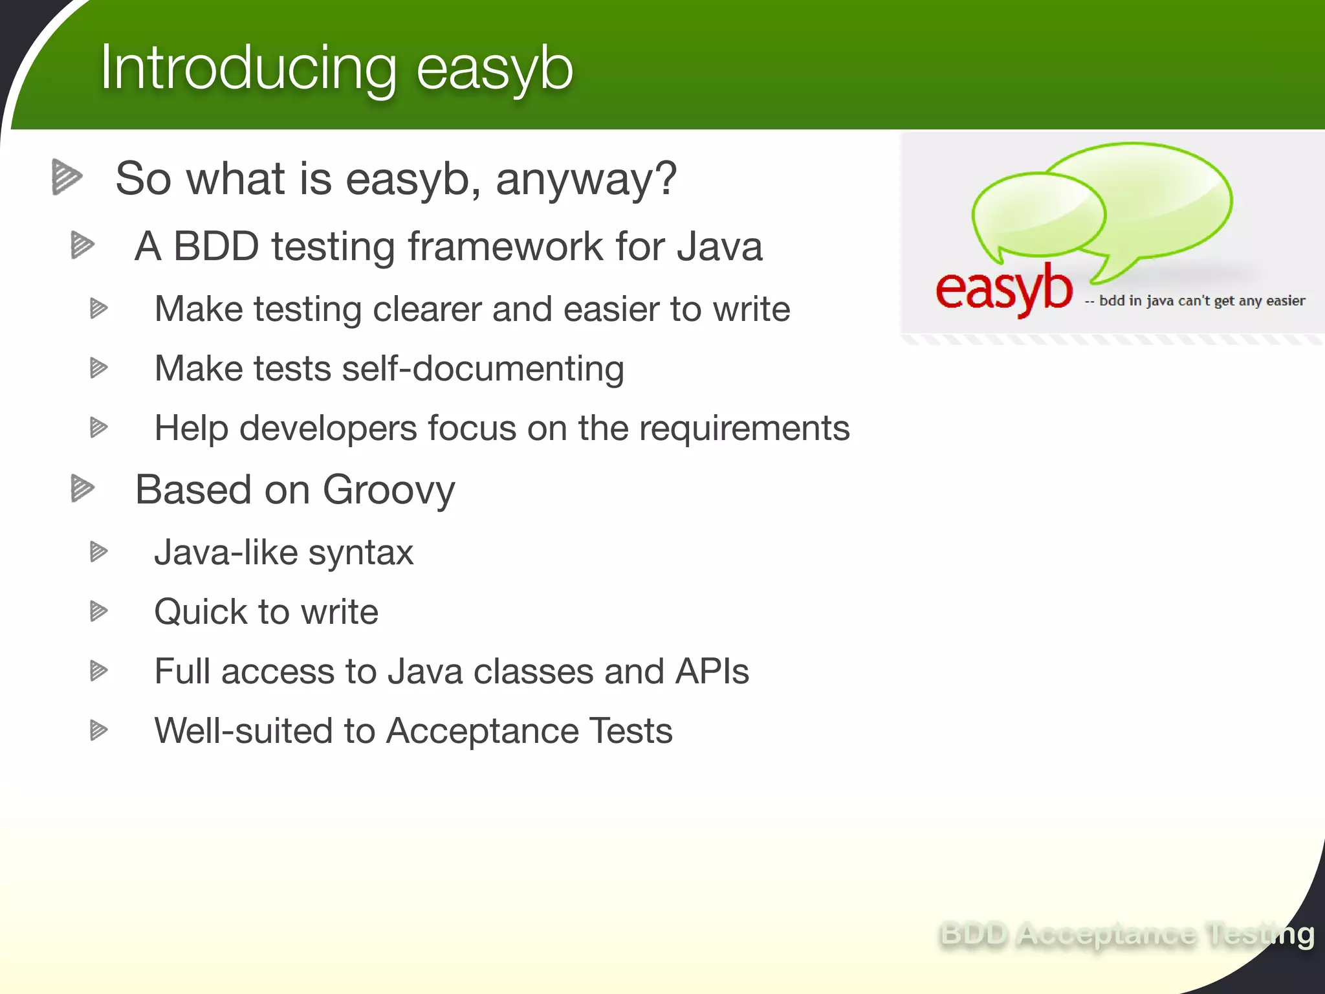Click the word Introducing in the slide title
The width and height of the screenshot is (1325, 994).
[x=248, y=69]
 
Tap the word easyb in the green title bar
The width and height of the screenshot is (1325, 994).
[x=495, y=69]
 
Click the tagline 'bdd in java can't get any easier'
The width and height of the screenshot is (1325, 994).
[x=1201, y=301]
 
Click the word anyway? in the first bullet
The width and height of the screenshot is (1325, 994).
[x=586, y=179]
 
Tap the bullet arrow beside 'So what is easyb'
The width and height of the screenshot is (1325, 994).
[x=67, y=177]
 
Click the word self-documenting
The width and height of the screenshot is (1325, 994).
[x=483, y=369]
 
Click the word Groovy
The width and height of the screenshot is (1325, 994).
[x=389, y=490]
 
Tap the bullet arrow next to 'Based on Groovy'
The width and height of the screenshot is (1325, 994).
[x=82, y=489]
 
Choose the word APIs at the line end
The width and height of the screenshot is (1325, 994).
[x=712, y=672]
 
